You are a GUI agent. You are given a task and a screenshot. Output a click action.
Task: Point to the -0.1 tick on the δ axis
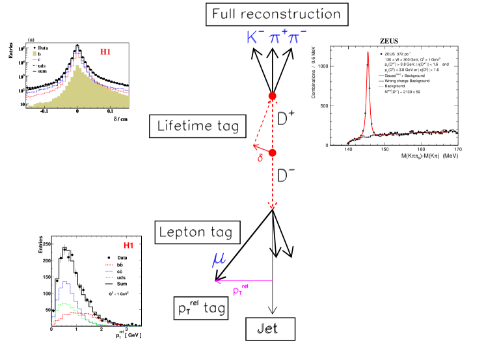44,111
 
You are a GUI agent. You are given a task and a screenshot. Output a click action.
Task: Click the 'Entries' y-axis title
11,49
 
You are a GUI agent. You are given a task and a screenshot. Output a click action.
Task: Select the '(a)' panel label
31,40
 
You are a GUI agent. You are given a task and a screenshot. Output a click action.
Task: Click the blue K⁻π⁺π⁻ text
277,38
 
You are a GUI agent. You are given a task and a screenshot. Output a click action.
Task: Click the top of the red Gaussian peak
368,53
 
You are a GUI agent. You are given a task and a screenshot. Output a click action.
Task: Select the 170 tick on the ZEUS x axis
457,149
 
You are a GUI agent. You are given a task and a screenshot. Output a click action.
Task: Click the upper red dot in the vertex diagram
273,97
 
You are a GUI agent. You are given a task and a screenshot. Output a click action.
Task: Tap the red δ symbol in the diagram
260,158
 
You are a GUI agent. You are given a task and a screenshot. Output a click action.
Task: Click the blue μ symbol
219,260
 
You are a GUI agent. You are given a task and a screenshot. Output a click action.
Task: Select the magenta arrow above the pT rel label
243,281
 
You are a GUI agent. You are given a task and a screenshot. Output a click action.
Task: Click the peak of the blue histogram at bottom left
65,282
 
